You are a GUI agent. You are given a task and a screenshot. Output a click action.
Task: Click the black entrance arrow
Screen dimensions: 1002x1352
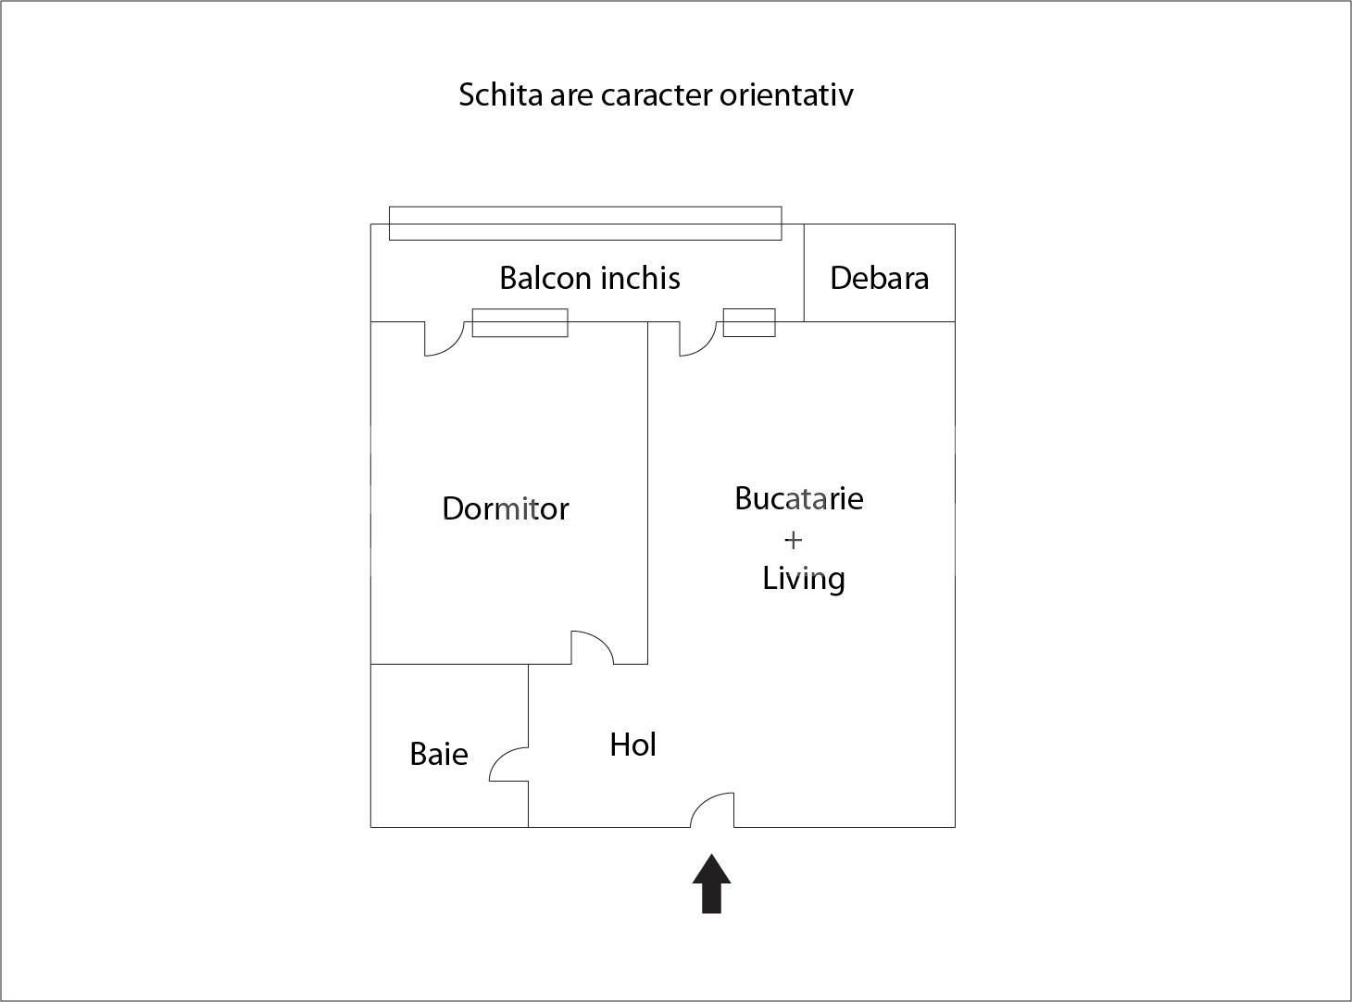[711, 884]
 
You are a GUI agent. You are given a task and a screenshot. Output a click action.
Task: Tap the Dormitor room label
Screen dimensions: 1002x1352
[505, 508]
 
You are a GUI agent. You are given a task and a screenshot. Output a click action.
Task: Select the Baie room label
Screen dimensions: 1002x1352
[438, 754]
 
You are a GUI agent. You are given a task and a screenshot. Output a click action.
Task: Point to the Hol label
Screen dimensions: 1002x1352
[632, 745]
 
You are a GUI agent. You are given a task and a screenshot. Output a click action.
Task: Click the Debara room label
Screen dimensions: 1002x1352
[879, 278]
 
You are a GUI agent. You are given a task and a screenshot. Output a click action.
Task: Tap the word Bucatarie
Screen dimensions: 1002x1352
[798, 498]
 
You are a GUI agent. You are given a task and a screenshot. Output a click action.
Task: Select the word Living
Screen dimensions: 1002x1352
[803, 579]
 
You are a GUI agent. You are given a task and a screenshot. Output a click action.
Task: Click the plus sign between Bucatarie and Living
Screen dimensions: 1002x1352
[793, 539]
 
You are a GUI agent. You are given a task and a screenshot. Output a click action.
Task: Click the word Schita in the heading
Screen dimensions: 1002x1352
[500, 94]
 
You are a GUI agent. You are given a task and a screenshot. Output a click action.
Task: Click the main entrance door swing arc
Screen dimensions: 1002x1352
[711, 808]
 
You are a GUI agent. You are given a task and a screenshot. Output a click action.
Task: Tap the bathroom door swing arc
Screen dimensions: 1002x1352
[507, 764]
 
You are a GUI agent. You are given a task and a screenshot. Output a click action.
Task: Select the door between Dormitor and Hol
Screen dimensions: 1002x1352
[593, 647]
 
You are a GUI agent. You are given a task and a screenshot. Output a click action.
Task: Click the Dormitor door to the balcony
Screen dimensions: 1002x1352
[444, 339]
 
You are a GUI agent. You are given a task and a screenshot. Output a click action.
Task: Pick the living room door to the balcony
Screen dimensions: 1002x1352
[698, 339]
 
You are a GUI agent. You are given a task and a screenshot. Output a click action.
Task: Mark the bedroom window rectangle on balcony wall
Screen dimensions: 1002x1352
[520, 322]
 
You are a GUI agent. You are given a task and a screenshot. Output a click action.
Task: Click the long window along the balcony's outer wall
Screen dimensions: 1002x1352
[584, 223]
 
